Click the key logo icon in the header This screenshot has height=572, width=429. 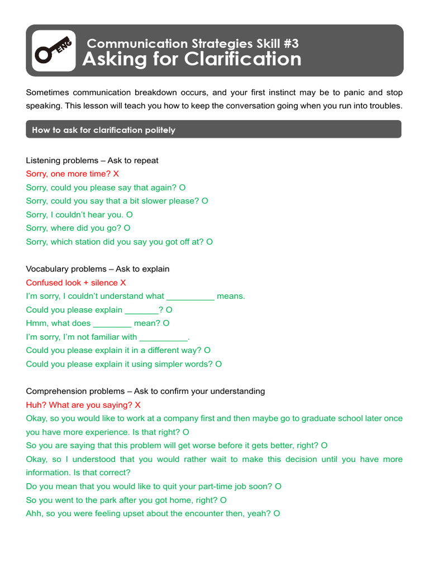54,51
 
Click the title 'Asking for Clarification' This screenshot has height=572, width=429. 192,59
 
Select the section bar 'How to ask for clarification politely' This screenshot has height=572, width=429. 213,130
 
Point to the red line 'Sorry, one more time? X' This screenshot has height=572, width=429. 73,174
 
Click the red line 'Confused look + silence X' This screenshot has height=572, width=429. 76,283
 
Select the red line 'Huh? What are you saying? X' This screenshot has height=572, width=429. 83,404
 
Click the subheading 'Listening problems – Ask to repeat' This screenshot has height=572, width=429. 92,160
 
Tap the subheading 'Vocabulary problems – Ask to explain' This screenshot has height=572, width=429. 98,269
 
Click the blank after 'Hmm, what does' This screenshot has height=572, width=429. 112,323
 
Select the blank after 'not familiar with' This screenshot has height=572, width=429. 164,337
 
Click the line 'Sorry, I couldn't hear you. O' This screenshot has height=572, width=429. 79,214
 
